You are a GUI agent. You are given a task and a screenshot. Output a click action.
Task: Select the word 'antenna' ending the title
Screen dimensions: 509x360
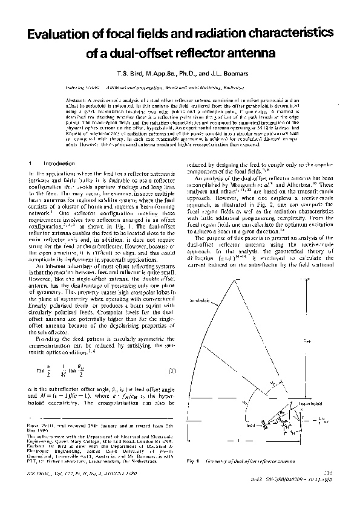251,54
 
